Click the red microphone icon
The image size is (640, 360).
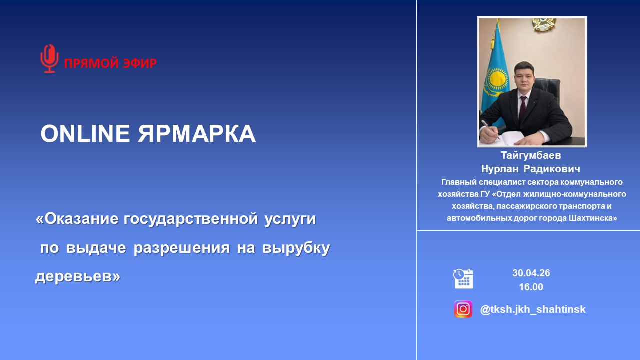click(x=49, y=59)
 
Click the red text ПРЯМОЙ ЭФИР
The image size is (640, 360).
click(x=110, y=63)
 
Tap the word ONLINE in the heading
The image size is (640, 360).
click(x=85, y=133)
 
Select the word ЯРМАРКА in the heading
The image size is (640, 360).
click(x=197, y=133)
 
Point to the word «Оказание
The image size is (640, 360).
click(x=77, y=219)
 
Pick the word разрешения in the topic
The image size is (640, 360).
click(x=182, y=248)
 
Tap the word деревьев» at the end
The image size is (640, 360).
click(x=78, y=276)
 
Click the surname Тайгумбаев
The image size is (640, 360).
click(x=531, y=155)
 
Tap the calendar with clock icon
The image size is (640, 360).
click(x=463, y=279)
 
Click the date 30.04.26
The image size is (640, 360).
click(x=531, y=273)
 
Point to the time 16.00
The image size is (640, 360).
click(x=531, y=287)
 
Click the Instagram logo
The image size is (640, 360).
click(x=463, y=309)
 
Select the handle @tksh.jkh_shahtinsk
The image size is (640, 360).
click(x=533, y=309)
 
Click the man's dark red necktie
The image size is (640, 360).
click(x=522, y=109)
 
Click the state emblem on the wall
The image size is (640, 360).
click(x=544, y=25)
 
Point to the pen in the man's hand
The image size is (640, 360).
click(x=490, y=129)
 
